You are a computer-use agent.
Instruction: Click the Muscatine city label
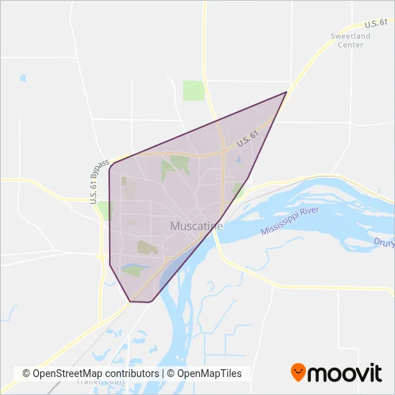pyautogui.click(x=196, y=226)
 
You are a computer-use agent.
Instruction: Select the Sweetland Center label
pyautogui.click(x=350, y=40)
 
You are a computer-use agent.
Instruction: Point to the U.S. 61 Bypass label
pyautogui.click(x=100, y=181)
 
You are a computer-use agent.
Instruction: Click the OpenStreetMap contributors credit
pyautogui.click(x=90, y=373)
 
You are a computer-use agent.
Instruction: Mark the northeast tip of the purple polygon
pyautogui.click(x=286, y=92)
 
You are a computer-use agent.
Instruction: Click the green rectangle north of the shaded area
pyautogui.click(x=194, y=90)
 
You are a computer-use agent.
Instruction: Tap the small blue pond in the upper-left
pyautogui.click(x=23, y=78)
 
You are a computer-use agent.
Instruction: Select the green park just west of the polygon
pyautogui.click(x=104, y=210)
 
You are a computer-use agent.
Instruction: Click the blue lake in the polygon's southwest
pyautogui.click(x=132, y=270)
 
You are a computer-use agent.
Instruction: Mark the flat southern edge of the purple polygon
pyautogui.click(x=141, y=302)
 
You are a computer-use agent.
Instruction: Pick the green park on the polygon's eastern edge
pyautogui.click(x=238, y=190)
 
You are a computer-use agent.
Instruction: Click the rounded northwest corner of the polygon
pyautogui.click(x=111, y=167)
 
